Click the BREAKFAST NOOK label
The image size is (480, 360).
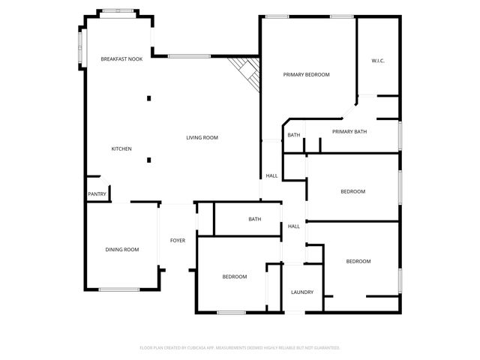121,58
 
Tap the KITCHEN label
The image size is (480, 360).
121,148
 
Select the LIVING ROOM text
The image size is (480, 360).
202,137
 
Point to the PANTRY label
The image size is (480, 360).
97,194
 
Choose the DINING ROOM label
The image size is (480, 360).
121,250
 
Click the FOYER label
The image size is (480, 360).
178,241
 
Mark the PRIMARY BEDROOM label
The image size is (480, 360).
307,74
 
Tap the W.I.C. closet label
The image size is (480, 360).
378,61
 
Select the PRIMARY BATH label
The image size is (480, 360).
349,132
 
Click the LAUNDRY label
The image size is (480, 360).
302,292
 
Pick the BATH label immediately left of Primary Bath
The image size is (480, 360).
293,135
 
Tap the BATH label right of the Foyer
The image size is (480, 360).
255,219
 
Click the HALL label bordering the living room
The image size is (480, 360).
271,176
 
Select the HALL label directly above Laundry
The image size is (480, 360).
294,226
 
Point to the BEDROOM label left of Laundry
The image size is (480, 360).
234,277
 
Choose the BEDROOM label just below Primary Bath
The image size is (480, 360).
352,191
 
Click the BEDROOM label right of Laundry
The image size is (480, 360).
358,261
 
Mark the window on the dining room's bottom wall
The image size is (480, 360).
119,289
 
